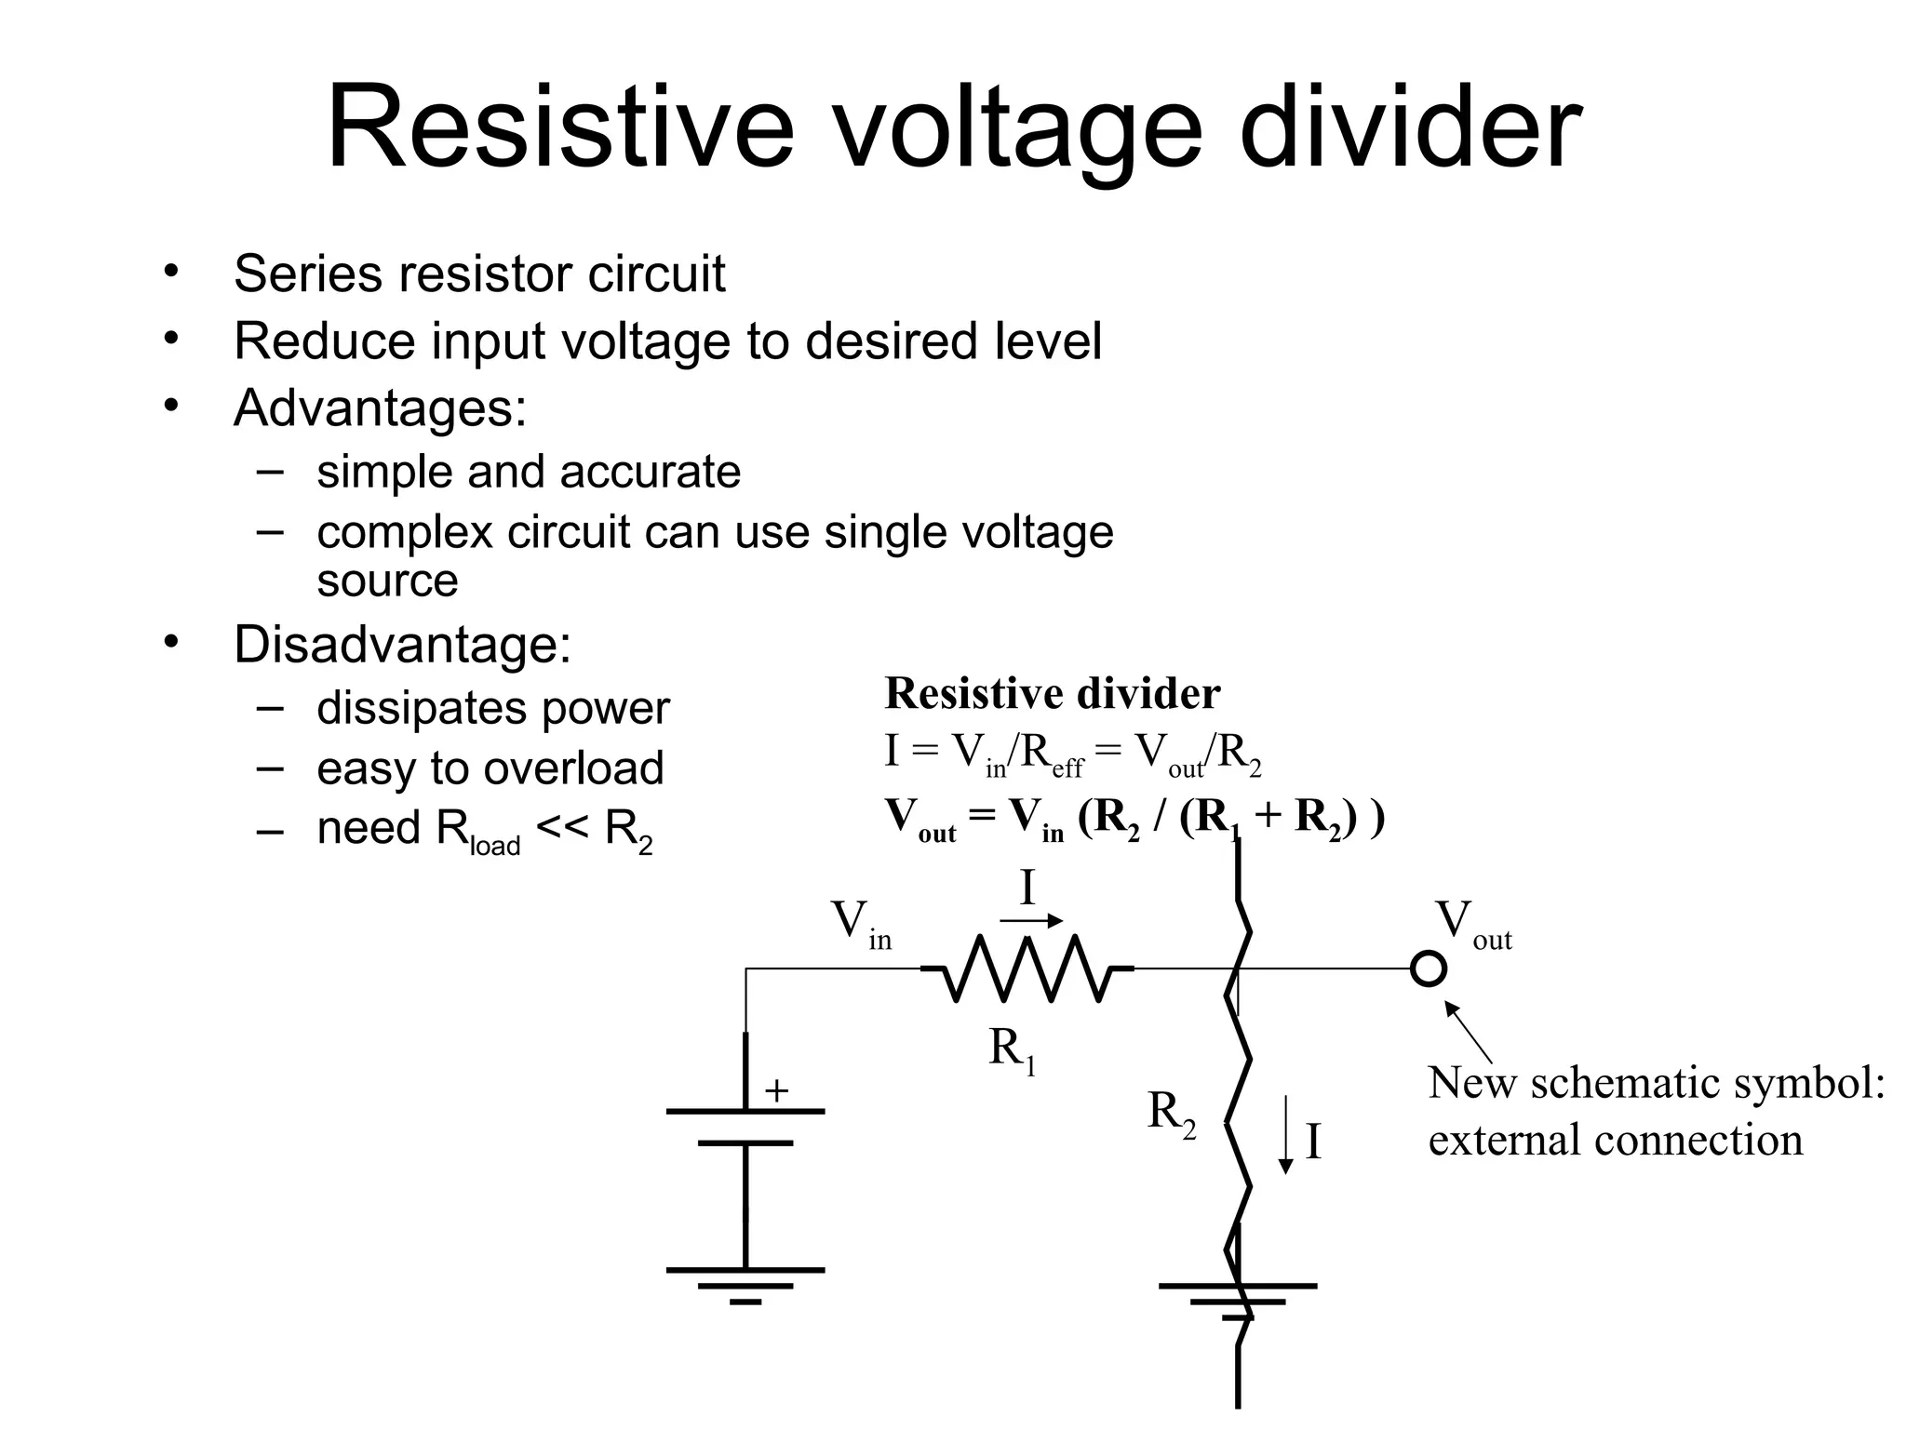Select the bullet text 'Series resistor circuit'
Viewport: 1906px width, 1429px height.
click(x=478, y=274)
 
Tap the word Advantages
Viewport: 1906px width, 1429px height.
click(x=380, y=407)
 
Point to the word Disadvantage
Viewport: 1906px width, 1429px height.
click(x=402, y=644)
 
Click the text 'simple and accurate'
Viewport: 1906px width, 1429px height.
click(x=528, y=472)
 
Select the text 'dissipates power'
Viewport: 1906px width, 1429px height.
click(x=492, y=708)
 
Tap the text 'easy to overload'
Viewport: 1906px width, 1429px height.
click(x=490, y=768)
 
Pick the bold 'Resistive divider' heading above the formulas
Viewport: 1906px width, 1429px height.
click(x=1052, y=694)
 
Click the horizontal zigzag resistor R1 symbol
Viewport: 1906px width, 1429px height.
click(x=1027, y=968)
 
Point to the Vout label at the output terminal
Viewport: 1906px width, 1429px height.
click(x=1472, y=924)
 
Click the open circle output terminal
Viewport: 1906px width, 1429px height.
click(x=1428, y=968)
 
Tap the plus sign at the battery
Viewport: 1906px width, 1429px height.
click(x=776, y=1090)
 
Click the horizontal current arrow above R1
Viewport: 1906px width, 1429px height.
click(x=1031, y=921)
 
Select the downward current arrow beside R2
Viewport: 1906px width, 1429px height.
click(x=1286, y=1135)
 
